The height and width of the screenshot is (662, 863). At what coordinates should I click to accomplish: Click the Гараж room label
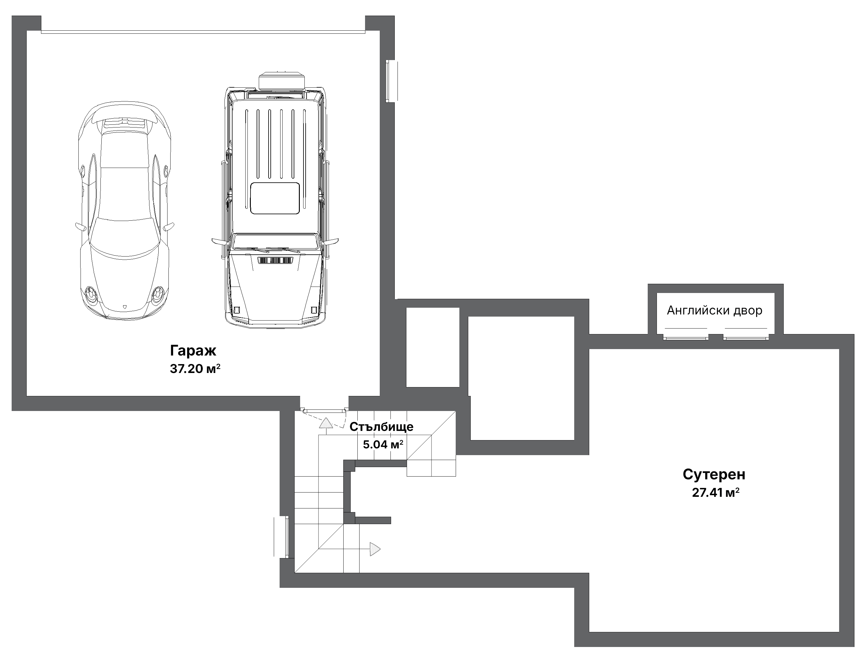click(193, 350)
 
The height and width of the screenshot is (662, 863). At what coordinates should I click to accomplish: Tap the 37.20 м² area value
click(195, 368)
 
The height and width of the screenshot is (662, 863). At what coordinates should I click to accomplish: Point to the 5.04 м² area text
click(383, 444)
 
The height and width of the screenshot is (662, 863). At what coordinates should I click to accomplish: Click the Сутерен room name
click(714, 474)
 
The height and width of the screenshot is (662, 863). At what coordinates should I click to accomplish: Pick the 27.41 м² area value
click(716, 493)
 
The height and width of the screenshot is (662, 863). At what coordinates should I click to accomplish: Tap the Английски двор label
click(714, 310)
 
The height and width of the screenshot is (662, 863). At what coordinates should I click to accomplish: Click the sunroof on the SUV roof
click(276, 198)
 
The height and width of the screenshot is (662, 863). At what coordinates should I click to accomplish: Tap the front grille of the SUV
click(276, 261)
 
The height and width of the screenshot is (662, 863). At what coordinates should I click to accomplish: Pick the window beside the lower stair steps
click(282, 537)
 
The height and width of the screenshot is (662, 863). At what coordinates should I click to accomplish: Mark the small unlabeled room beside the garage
click(433, 347)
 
